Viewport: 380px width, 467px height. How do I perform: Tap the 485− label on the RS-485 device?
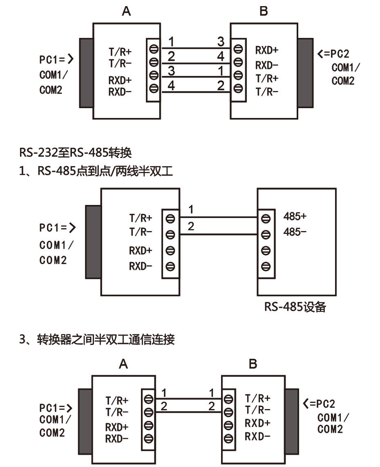pyautogui.click(x=293, y=232)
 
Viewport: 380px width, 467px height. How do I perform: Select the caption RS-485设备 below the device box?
pyautogui.click(x=295, y=307)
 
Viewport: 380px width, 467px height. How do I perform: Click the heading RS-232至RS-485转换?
pyautogui.click(x=75, y=153)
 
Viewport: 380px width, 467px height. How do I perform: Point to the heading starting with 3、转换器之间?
pyautogui.click(x=97, y=339)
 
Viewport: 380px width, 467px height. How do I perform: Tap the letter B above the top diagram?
pyautogui.click(x=264, y=11)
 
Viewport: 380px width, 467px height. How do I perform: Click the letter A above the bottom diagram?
pyautogui.click(x=123, y=364)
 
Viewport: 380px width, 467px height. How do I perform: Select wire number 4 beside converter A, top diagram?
pyautogui.click(x=171, y=86)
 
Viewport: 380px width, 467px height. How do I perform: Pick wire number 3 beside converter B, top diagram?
pyautogui.click(x=221, y=41)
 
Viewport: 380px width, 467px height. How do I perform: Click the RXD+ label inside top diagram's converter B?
pyautogui.click(x=267, y=51)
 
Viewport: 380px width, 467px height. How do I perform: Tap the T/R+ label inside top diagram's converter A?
pyautogui.click(x=120, y=52)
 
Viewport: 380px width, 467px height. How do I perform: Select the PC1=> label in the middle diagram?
pyautogui.click(x=58, y=228)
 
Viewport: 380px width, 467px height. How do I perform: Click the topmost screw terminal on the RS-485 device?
pyautogui.click(x=266, y=219)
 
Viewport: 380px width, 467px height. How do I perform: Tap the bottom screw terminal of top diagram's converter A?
pyautogui.click(x=154, y=88)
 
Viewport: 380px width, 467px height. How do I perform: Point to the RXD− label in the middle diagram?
pyautogui.click(x=141, y=266)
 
